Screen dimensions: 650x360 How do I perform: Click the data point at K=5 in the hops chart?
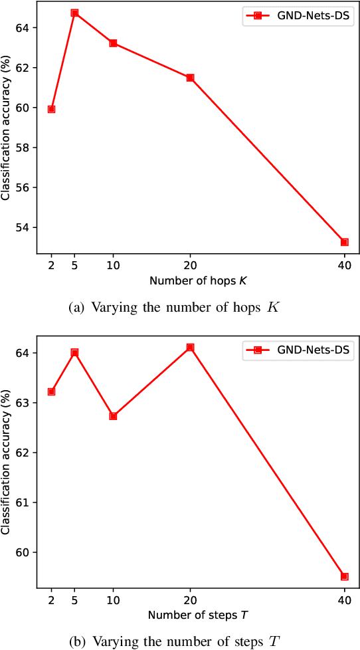(74, 13)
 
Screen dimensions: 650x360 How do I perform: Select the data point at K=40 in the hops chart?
(345, 242)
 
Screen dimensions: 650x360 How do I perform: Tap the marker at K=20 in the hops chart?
(190, 78)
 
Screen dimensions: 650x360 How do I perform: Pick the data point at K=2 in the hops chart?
(51, 109)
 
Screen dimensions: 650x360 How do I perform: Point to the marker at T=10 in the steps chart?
(113, 416)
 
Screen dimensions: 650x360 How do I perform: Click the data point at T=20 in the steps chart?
(190, 347)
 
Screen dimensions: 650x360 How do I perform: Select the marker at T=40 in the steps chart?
(345, 576)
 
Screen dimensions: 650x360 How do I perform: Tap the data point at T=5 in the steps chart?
(74, 352)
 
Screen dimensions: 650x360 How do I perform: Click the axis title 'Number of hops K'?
(198, 280)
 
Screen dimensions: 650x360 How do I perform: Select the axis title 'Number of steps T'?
(198, 614)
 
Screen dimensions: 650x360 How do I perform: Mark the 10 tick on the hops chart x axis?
(113, 265)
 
